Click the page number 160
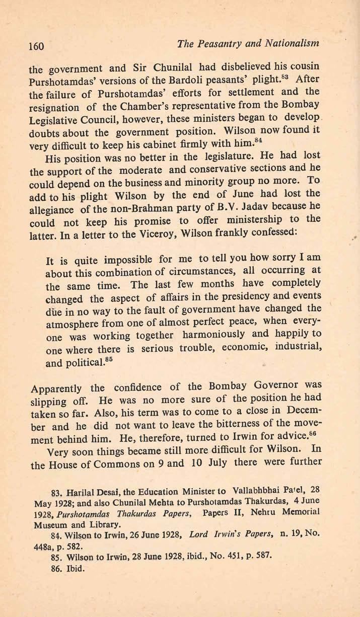point(37,47)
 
